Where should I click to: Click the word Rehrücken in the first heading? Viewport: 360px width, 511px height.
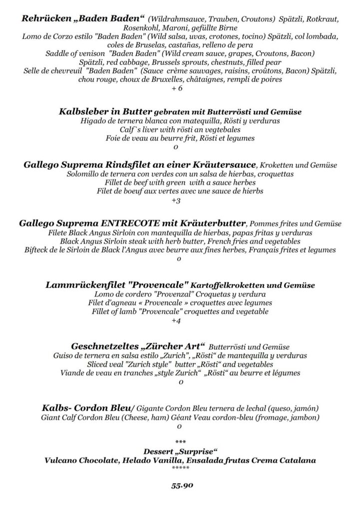pos(42,19)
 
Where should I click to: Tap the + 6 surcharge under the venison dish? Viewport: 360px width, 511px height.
pos(177,88)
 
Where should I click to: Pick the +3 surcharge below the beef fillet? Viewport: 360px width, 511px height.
pos(176,201)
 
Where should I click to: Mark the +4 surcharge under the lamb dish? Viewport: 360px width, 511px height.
pos(176,321)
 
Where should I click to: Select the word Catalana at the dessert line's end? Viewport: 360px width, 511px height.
pos(294,460)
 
